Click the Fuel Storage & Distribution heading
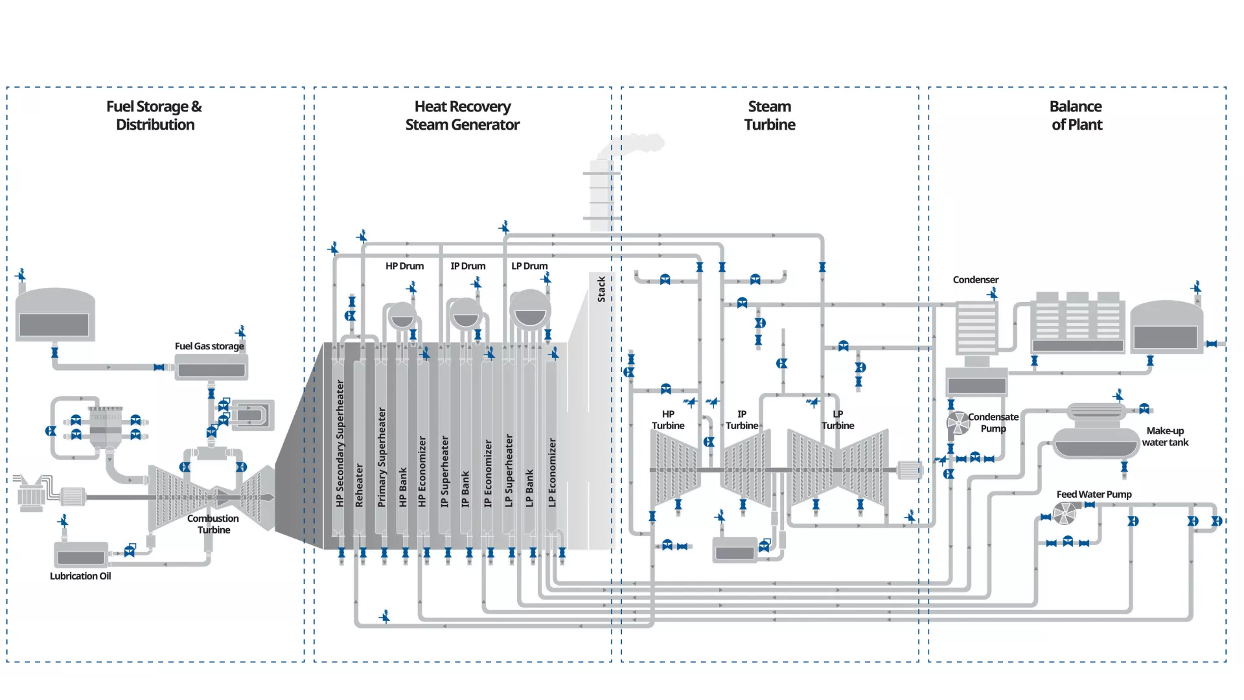(x=154, y=115)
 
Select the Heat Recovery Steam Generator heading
(x=462, y=115)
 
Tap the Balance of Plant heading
(x=1076, y=115)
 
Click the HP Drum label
(x=404, y=266)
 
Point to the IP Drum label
(x=468, y=266)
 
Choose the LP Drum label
(x=529, y=266)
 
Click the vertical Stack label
(x=601, y=289)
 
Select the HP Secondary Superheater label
(x=340, y=443)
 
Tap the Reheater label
(x=360, y=485)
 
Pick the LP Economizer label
(x=552, y=472)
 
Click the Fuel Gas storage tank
(x=211, y=369)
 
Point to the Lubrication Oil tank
(x=81, y=556)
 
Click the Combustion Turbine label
(x=213, y=524)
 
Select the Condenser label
(x=975, y=279)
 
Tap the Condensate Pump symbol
(x=958, y=423)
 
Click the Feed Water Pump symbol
(x=1065, y=514)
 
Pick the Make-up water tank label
(x=1165, y=436)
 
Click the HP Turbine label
(x=668, y=419)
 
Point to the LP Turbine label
(x=838, y=419)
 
